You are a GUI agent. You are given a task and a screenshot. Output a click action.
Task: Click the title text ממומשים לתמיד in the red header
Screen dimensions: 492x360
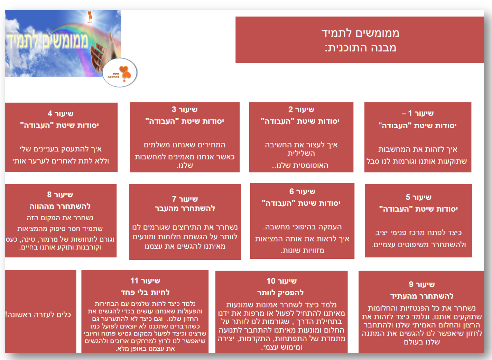coord(360,33)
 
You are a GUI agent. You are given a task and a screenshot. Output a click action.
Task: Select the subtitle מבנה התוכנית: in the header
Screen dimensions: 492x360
coord(360,48)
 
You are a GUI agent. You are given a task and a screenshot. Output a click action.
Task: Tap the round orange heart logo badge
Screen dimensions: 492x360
coord(120,73)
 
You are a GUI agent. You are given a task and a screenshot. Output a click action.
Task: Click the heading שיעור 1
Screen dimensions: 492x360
coord(418,113)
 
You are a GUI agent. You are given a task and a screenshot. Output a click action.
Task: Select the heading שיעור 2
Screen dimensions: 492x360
coord(301,109)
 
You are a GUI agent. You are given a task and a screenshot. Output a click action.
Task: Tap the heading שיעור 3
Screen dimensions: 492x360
coord(185,109)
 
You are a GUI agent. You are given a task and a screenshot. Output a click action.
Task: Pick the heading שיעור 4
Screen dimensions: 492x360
coord(61,113)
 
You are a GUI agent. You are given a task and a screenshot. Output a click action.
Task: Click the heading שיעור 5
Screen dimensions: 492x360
coord(418,197)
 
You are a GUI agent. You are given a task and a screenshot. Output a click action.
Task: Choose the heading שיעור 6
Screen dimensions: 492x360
coord(302,192)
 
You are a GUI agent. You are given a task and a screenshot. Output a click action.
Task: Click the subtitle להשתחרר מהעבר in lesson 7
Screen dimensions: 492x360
coord(185,208)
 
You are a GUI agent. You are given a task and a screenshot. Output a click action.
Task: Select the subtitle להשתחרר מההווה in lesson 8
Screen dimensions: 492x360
coord(60,206)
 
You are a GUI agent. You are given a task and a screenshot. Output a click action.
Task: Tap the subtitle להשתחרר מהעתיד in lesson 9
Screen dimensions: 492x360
coord(422,296)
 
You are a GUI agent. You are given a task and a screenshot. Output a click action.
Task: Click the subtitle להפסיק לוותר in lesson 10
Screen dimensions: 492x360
coord(280,293)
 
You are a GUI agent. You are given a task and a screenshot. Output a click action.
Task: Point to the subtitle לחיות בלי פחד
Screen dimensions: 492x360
coord(145,292)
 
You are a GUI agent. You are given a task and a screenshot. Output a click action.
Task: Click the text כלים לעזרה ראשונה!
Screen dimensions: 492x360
coord(38,315)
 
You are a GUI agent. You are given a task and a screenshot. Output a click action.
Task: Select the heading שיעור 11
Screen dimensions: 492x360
coord(145,280)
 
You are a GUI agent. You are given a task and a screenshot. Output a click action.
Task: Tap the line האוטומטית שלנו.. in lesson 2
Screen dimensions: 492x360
coord(300,165)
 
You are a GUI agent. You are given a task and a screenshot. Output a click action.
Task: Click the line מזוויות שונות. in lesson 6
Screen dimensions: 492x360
coord(302,250)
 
